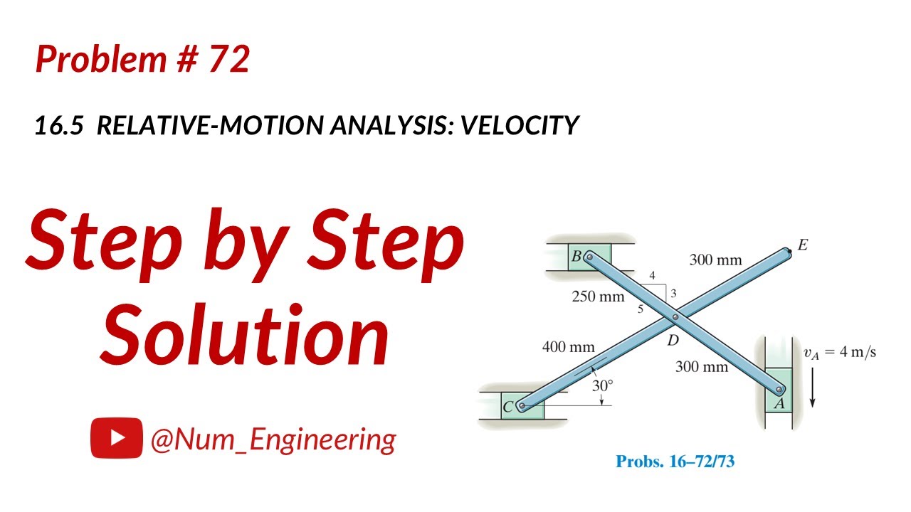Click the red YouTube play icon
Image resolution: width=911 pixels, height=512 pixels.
pos(116,438)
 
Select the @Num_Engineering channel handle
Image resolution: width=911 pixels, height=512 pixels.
pos(273,439)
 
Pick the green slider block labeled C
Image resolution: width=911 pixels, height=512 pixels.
pos(522,406)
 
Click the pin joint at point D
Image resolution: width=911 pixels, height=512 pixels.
pos(675,316)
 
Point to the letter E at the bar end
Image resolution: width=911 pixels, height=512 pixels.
pos(803,245)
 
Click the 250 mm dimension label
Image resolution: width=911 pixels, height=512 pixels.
pos(598,297)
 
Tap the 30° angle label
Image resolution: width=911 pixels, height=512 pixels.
pos(602,385)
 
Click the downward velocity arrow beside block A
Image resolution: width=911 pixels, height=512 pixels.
pos(812,388)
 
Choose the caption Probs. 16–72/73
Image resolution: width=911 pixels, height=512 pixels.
pos(675,462)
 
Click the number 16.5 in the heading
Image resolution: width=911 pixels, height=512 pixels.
pos(60,126)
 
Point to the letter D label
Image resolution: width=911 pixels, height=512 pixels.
pos(673,341)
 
